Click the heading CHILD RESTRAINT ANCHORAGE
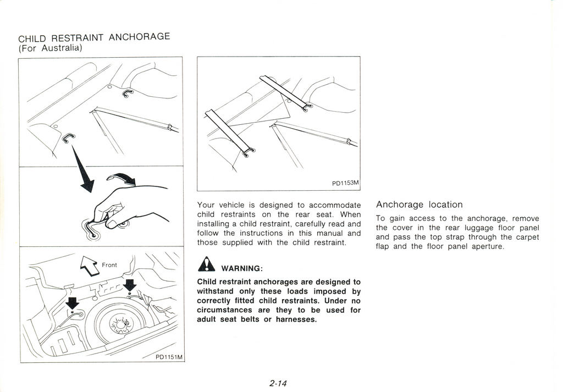(x=94, y=38)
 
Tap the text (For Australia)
(x=50, y=48)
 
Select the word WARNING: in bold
(x=241, y=269)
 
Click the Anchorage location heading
(x=419, y=205)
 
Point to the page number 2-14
(x=279, y=384)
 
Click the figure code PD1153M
(x=345, y=183)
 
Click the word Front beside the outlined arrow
(x=109, y=265)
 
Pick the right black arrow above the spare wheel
(x=130, y=285)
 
